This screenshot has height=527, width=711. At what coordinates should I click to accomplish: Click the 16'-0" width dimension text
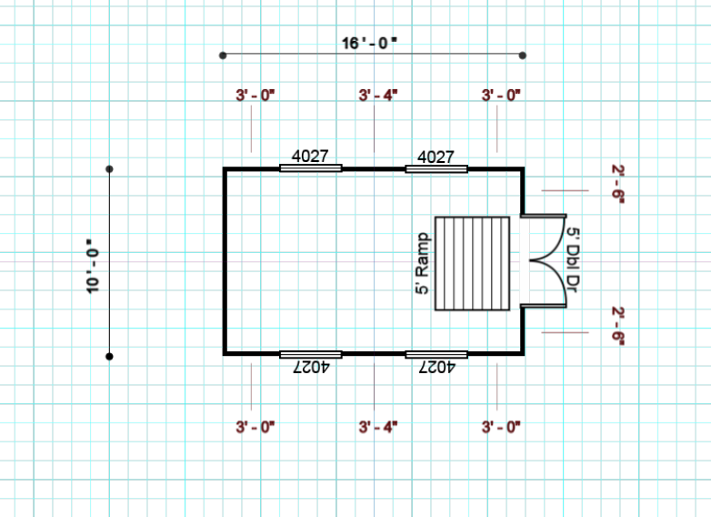click(370, 43)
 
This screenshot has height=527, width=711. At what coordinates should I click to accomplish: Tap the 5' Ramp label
click(422, 263)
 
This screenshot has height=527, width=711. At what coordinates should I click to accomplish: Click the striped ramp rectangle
click(472, 263)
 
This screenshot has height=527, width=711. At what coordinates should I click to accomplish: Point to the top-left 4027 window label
click(310, 157)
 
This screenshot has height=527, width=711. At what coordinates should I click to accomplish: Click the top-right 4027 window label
click(436, 157)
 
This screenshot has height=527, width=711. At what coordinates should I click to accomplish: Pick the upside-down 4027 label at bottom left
click(310, 367)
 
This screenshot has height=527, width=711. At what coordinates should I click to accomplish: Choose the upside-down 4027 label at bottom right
click(436, 367)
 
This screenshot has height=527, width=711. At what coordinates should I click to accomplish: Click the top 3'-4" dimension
click(378, 95)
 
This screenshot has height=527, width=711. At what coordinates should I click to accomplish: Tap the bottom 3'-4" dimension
click(378, 426)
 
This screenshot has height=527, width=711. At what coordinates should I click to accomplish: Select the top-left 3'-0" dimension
click(255, 95)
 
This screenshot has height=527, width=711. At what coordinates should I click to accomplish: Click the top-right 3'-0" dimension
click(501, 95)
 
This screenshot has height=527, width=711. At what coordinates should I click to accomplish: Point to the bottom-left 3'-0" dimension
click(255, 426)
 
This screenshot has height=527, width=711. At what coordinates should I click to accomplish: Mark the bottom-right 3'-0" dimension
click(501, 426)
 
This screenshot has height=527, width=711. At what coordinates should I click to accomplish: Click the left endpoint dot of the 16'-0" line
click(223, 56)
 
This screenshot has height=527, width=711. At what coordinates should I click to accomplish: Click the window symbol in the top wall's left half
click(310, 168)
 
